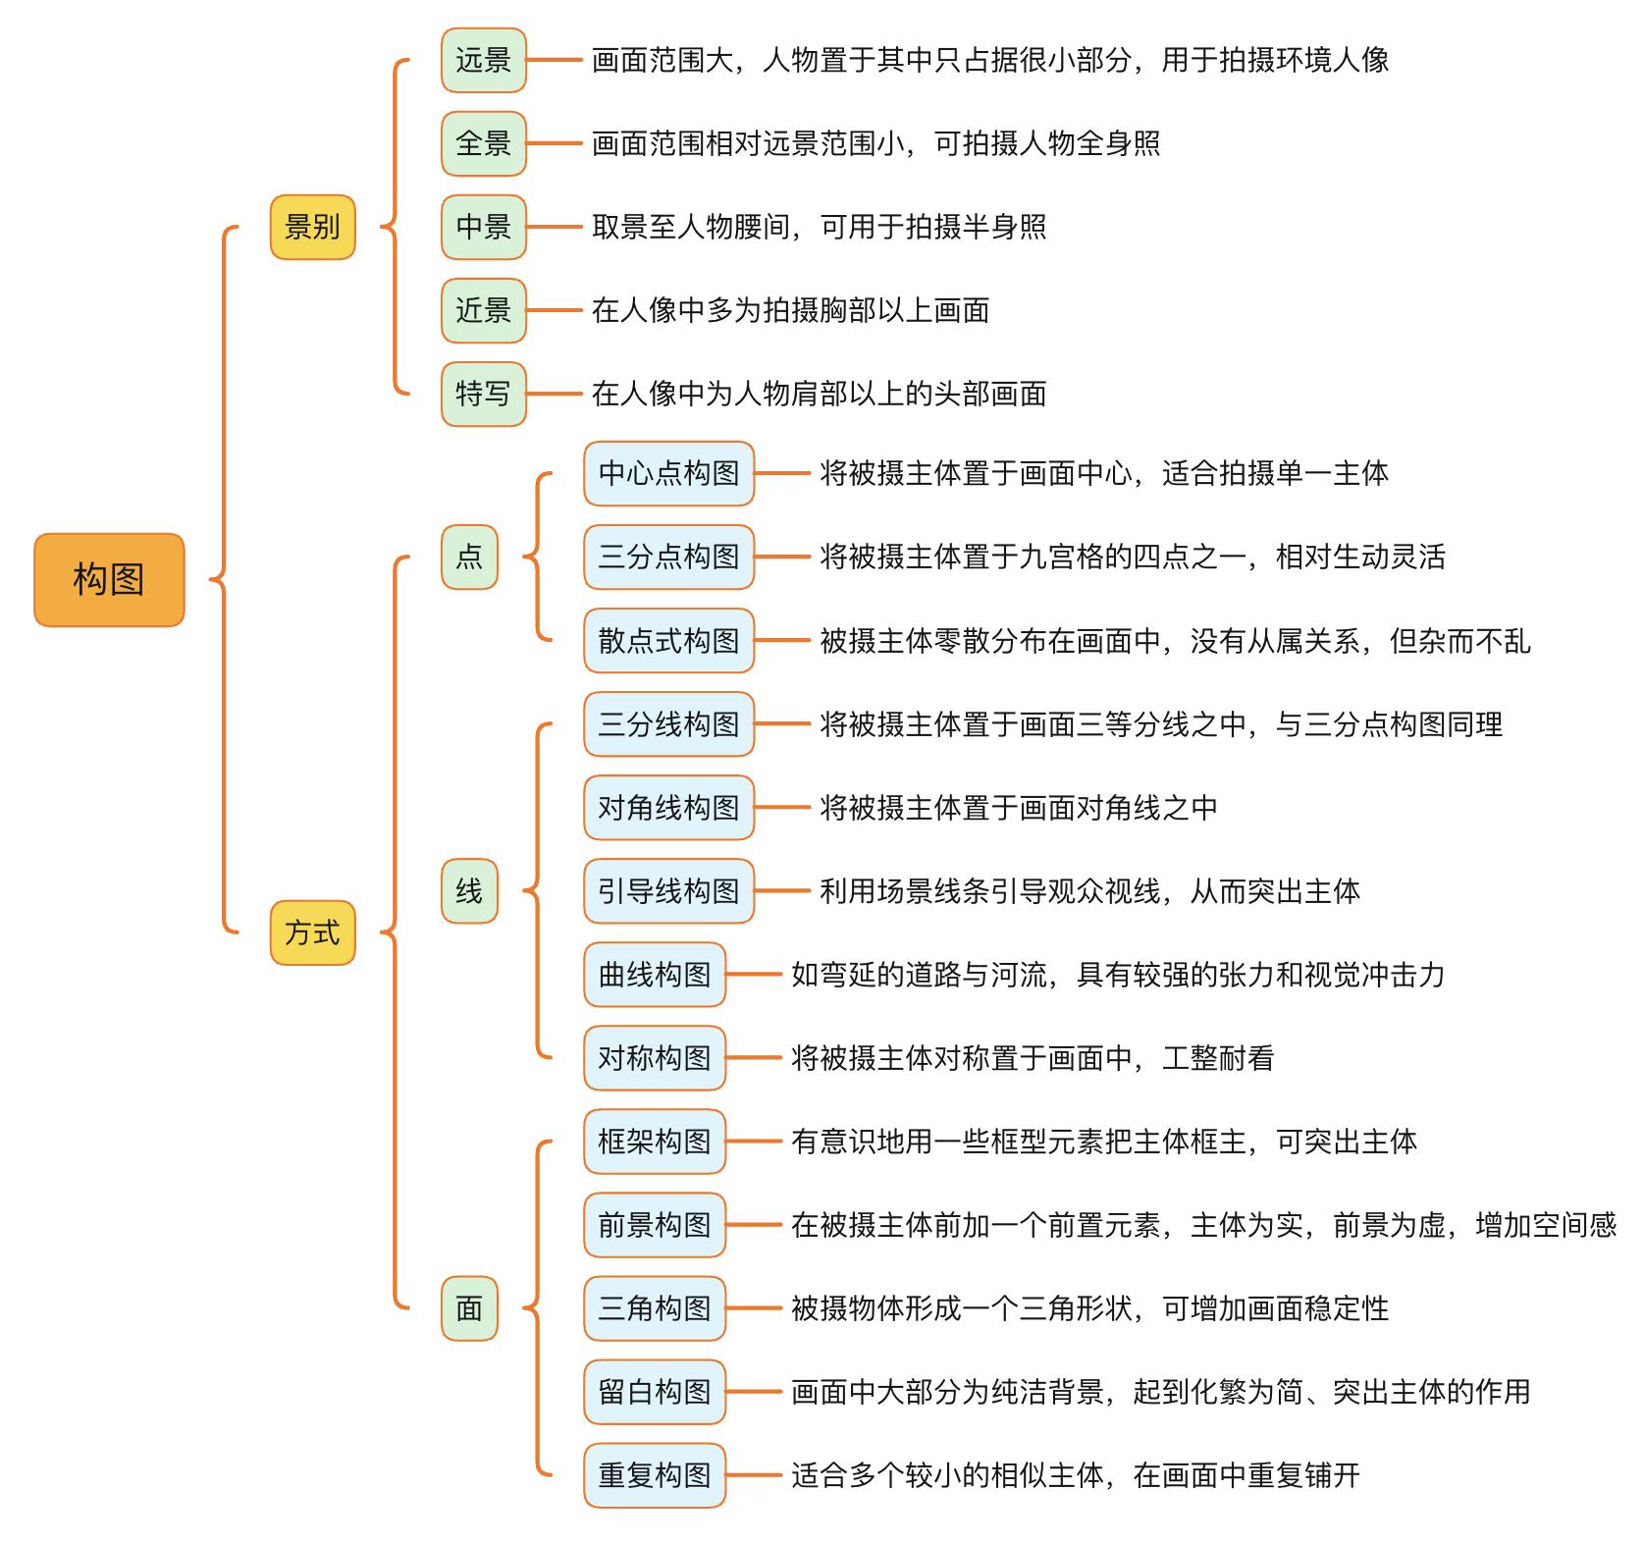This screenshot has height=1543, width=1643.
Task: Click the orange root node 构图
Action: (x=109, y=580)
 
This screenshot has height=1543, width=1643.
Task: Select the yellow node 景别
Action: (x=312, y=228)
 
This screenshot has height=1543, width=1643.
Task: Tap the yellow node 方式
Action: (x=312, y=932)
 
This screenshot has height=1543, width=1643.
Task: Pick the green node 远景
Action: (x=483, y=61)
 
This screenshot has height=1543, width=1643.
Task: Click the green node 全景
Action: (x=483, y=144)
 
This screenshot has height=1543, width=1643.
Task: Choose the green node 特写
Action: (x=483, y=395)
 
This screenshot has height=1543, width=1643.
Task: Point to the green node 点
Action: (x=469, y=558)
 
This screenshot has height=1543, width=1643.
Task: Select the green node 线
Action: (x=469, y=891)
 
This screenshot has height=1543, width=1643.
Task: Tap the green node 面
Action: (x=469, y=1308)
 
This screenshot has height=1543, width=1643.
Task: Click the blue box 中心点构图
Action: (x=668, y=474)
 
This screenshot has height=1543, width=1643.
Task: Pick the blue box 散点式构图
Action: (x=668, y=641)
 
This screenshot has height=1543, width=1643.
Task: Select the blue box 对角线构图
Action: (x=668, y=808)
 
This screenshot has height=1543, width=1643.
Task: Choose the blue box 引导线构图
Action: (x=668, y=891)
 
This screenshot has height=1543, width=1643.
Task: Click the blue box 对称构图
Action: (x=655, y=1058)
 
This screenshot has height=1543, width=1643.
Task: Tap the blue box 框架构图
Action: (x=655, y=1142)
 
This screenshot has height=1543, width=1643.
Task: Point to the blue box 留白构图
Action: (x=655, y=1392)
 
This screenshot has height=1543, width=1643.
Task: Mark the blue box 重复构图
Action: (x=655, y=1475)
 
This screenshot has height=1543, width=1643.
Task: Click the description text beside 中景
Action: (x=819, y=228)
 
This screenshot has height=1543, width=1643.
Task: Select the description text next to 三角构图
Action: (x=1089, y=1308)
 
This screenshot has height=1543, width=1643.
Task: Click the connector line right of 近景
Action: (x=555, y=311)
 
